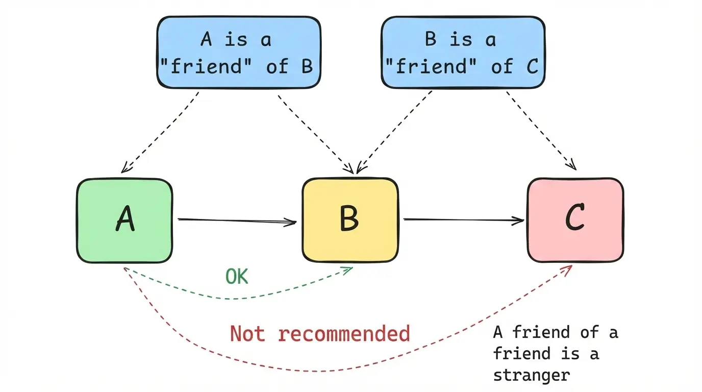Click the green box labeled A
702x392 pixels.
124,220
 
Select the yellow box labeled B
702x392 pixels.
350,220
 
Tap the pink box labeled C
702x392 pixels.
575,220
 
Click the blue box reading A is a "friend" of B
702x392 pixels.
239,52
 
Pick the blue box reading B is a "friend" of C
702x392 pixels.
463,52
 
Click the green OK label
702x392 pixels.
237,277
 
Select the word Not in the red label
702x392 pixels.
247,334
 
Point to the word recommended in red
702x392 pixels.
344,334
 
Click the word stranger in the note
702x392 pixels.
531,376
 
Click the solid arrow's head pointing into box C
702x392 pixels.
520,221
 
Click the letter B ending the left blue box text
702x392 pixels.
307,66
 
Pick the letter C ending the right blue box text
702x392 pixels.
532,66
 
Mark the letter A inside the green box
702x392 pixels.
126,219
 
